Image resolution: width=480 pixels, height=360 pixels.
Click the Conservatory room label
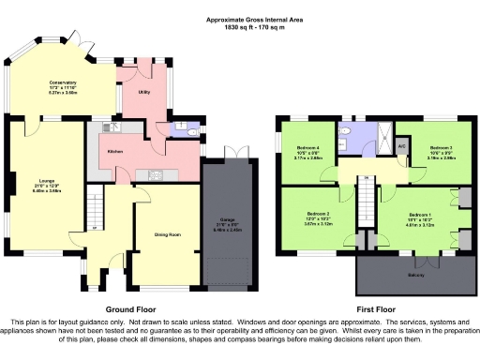click(64, 82)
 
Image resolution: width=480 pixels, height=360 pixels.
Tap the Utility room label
click(144, 93)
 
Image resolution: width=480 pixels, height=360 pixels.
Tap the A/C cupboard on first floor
click(401, 146)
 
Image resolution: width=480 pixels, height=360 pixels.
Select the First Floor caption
click(375, 308)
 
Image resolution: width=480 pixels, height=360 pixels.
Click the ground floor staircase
click(94, 206)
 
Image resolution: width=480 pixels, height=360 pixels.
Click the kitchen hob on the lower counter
click(157, 174)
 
